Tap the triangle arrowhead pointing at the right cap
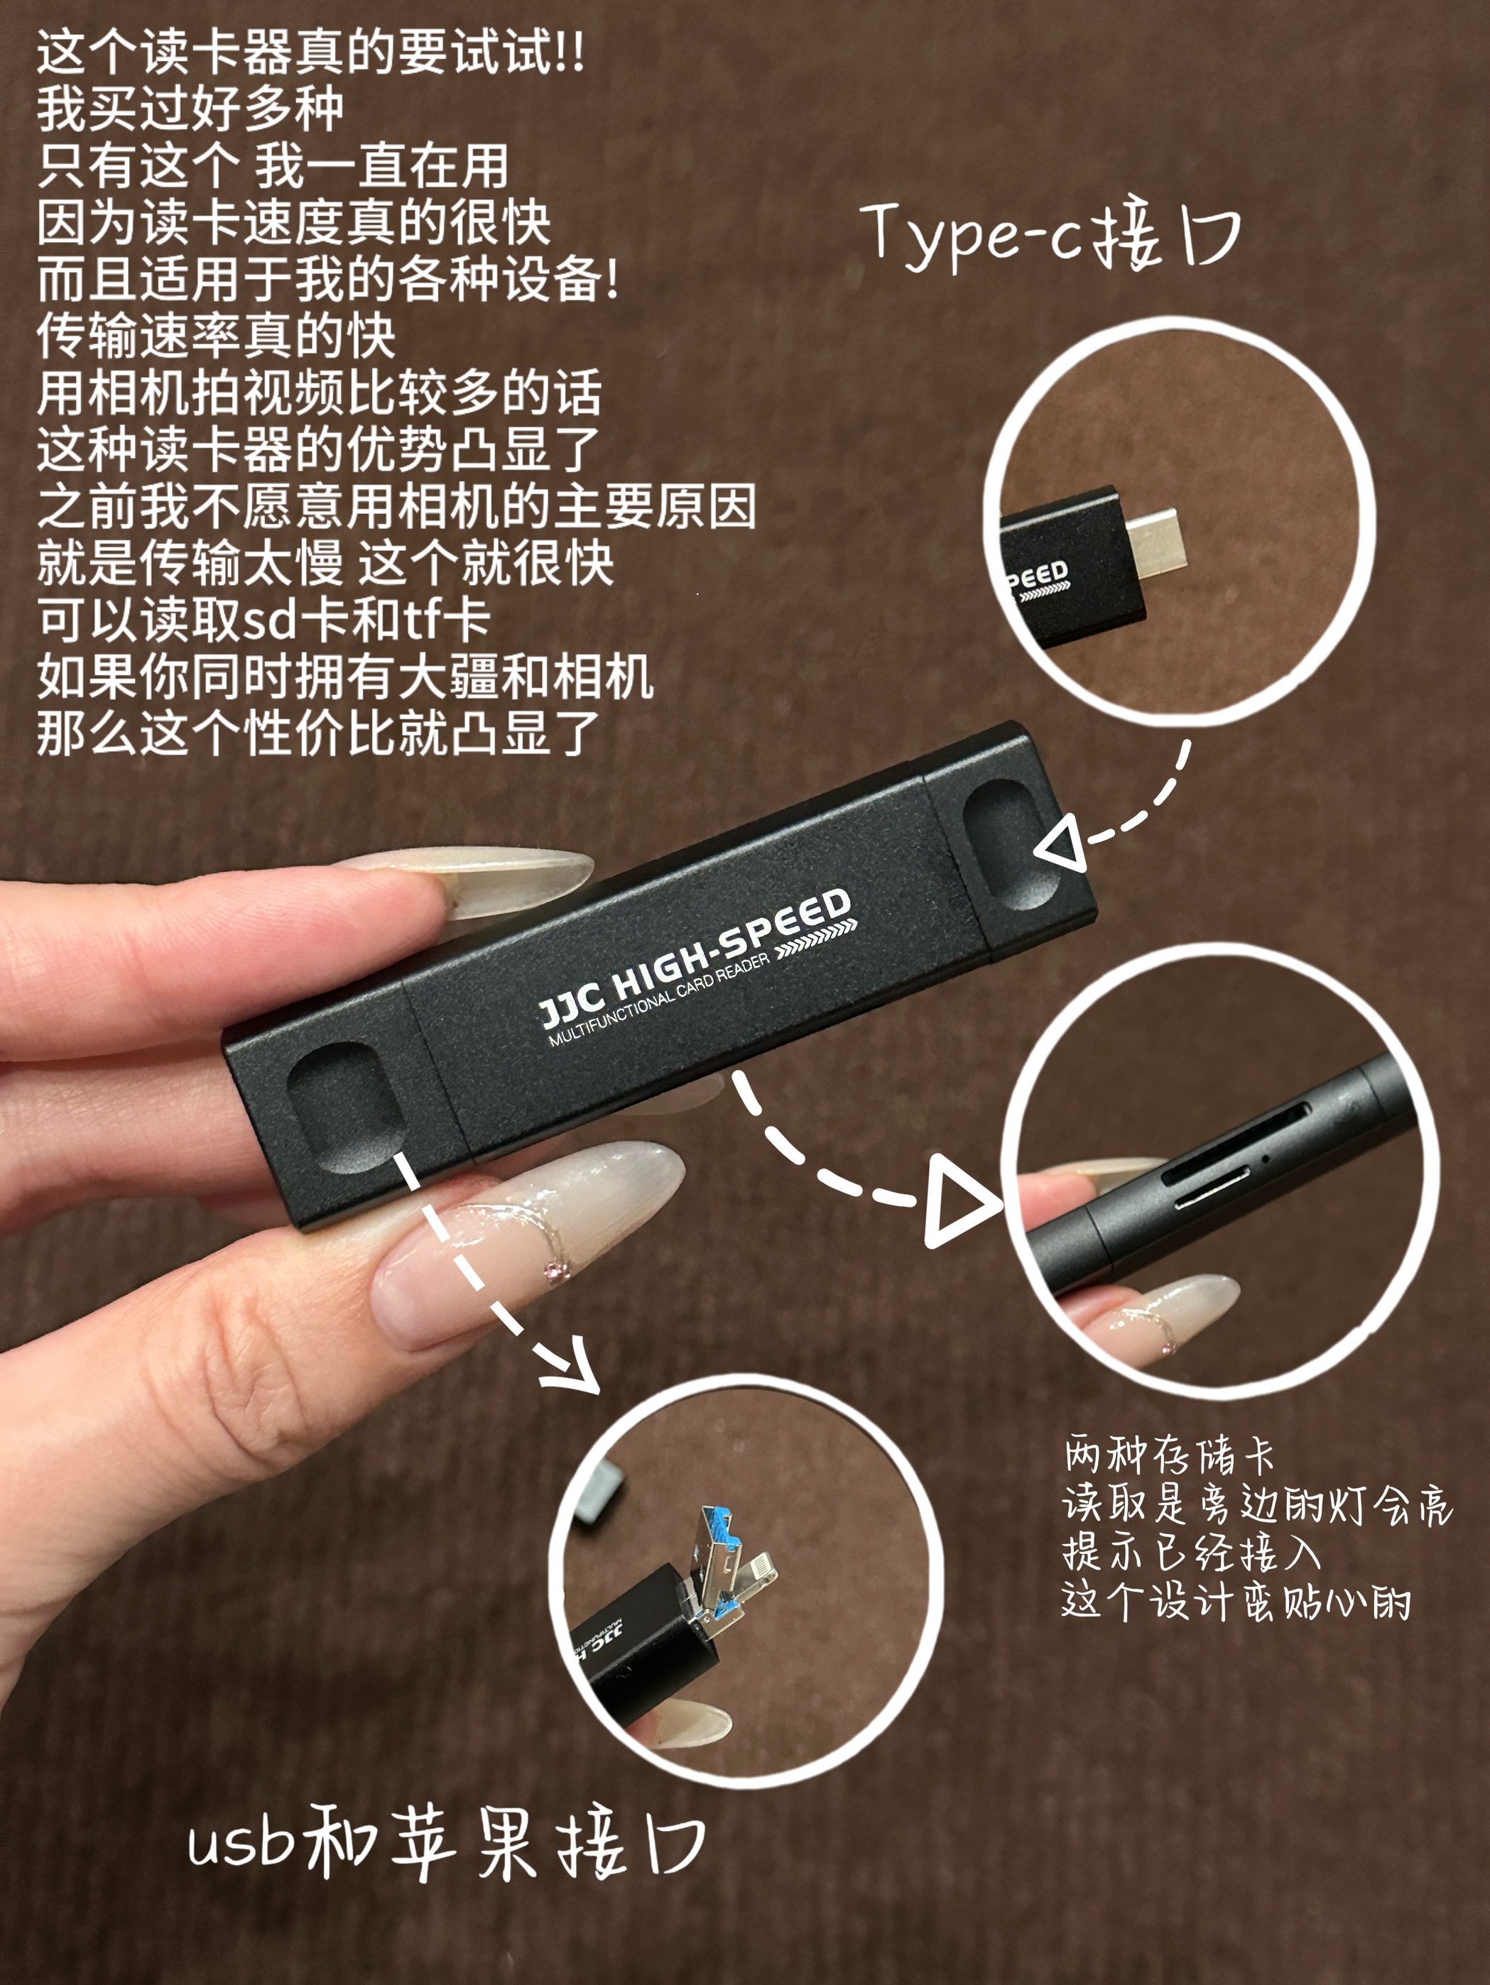[x=1062, y=842]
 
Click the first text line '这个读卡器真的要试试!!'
[x=310, y=54]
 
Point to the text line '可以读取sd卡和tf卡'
[x=262, y=619]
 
